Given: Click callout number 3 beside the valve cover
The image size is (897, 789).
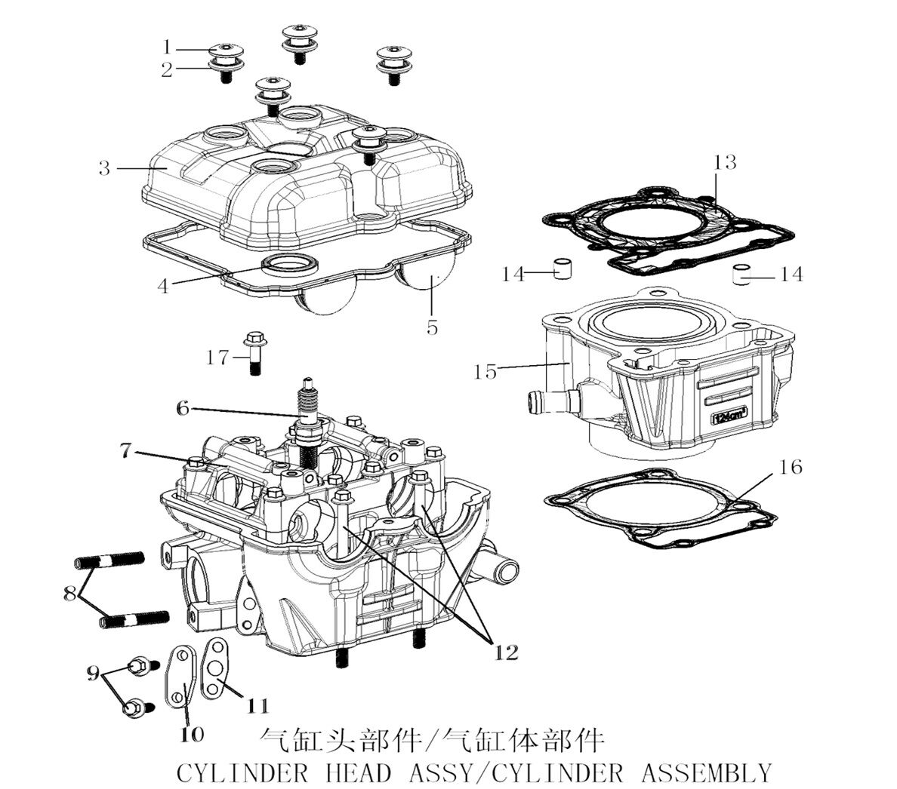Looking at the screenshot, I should click(x=104, y=168).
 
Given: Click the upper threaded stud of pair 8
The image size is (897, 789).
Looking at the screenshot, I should click(x=109, y=561).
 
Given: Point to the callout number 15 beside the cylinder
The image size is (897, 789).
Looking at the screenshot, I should click(x=485, y=371).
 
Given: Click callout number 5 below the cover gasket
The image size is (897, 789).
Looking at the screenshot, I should click(x=432, y=328).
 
